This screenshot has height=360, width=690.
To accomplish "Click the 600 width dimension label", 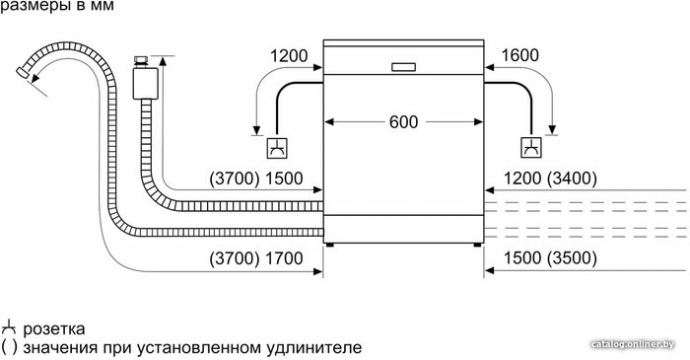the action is point(403,122).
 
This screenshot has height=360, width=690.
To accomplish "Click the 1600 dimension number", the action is point(519,55).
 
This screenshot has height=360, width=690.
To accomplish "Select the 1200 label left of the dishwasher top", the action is point(289,56).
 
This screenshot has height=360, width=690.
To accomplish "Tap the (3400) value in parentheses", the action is point(572,179).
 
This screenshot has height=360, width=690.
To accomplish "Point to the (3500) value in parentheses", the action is point(572,257).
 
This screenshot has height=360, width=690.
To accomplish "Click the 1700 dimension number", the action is point(284,257).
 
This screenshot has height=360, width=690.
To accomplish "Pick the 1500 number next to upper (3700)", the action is point(284,179).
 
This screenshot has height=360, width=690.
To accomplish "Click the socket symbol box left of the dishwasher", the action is point(277,148).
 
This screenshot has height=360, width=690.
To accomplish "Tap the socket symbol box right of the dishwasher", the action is point(531,148).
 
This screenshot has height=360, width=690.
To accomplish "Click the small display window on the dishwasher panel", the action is point(403,67).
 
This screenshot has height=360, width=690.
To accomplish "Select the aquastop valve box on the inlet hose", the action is point(145,83).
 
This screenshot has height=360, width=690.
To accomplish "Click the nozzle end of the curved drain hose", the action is point(22,73).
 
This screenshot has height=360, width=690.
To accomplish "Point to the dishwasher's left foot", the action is point(329,245).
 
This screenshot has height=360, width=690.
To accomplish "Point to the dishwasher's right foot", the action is point(477,245).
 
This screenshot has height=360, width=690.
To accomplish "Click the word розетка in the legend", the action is point(53,329).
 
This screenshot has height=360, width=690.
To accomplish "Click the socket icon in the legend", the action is point(9,328).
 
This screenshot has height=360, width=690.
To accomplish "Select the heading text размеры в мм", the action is point(57,6).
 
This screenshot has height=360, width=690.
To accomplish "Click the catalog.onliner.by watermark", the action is point(633,344).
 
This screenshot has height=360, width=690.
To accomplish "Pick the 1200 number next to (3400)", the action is point(522,179).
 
